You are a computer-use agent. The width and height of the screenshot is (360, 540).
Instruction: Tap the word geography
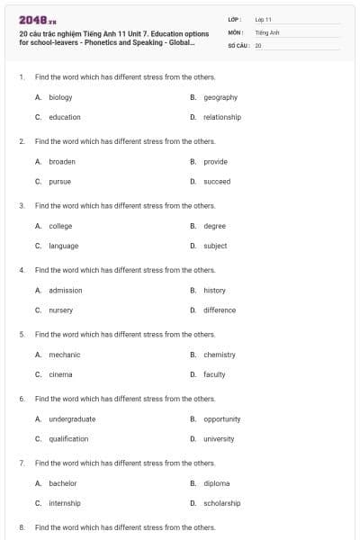click(220, 97)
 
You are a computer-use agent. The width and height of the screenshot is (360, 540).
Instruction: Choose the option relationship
click(222, 117)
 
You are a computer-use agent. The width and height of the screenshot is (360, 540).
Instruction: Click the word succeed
click(217, 181)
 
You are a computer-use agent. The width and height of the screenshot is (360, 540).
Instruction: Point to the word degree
click(214, 226)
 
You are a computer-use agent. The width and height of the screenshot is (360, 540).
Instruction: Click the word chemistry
click(220, 355)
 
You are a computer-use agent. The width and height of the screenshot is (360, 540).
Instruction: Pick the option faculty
click(214, 374)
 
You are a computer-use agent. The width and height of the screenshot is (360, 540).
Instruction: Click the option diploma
click(217, 483)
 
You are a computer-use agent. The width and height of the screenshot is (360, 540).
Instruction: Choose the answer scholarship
click(222, 503)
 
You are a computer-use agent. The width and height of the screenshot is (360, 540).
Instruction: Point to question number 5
click(21, 334)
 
